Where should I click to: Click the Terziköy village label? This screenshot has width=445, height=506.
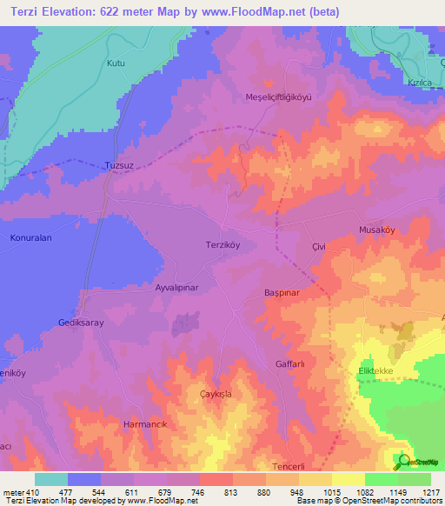[222, 244]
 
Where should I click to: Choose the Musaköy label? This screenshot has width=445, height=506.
[377, 230]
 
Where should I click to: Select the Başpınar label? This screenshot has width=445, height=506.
[282, 293]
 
